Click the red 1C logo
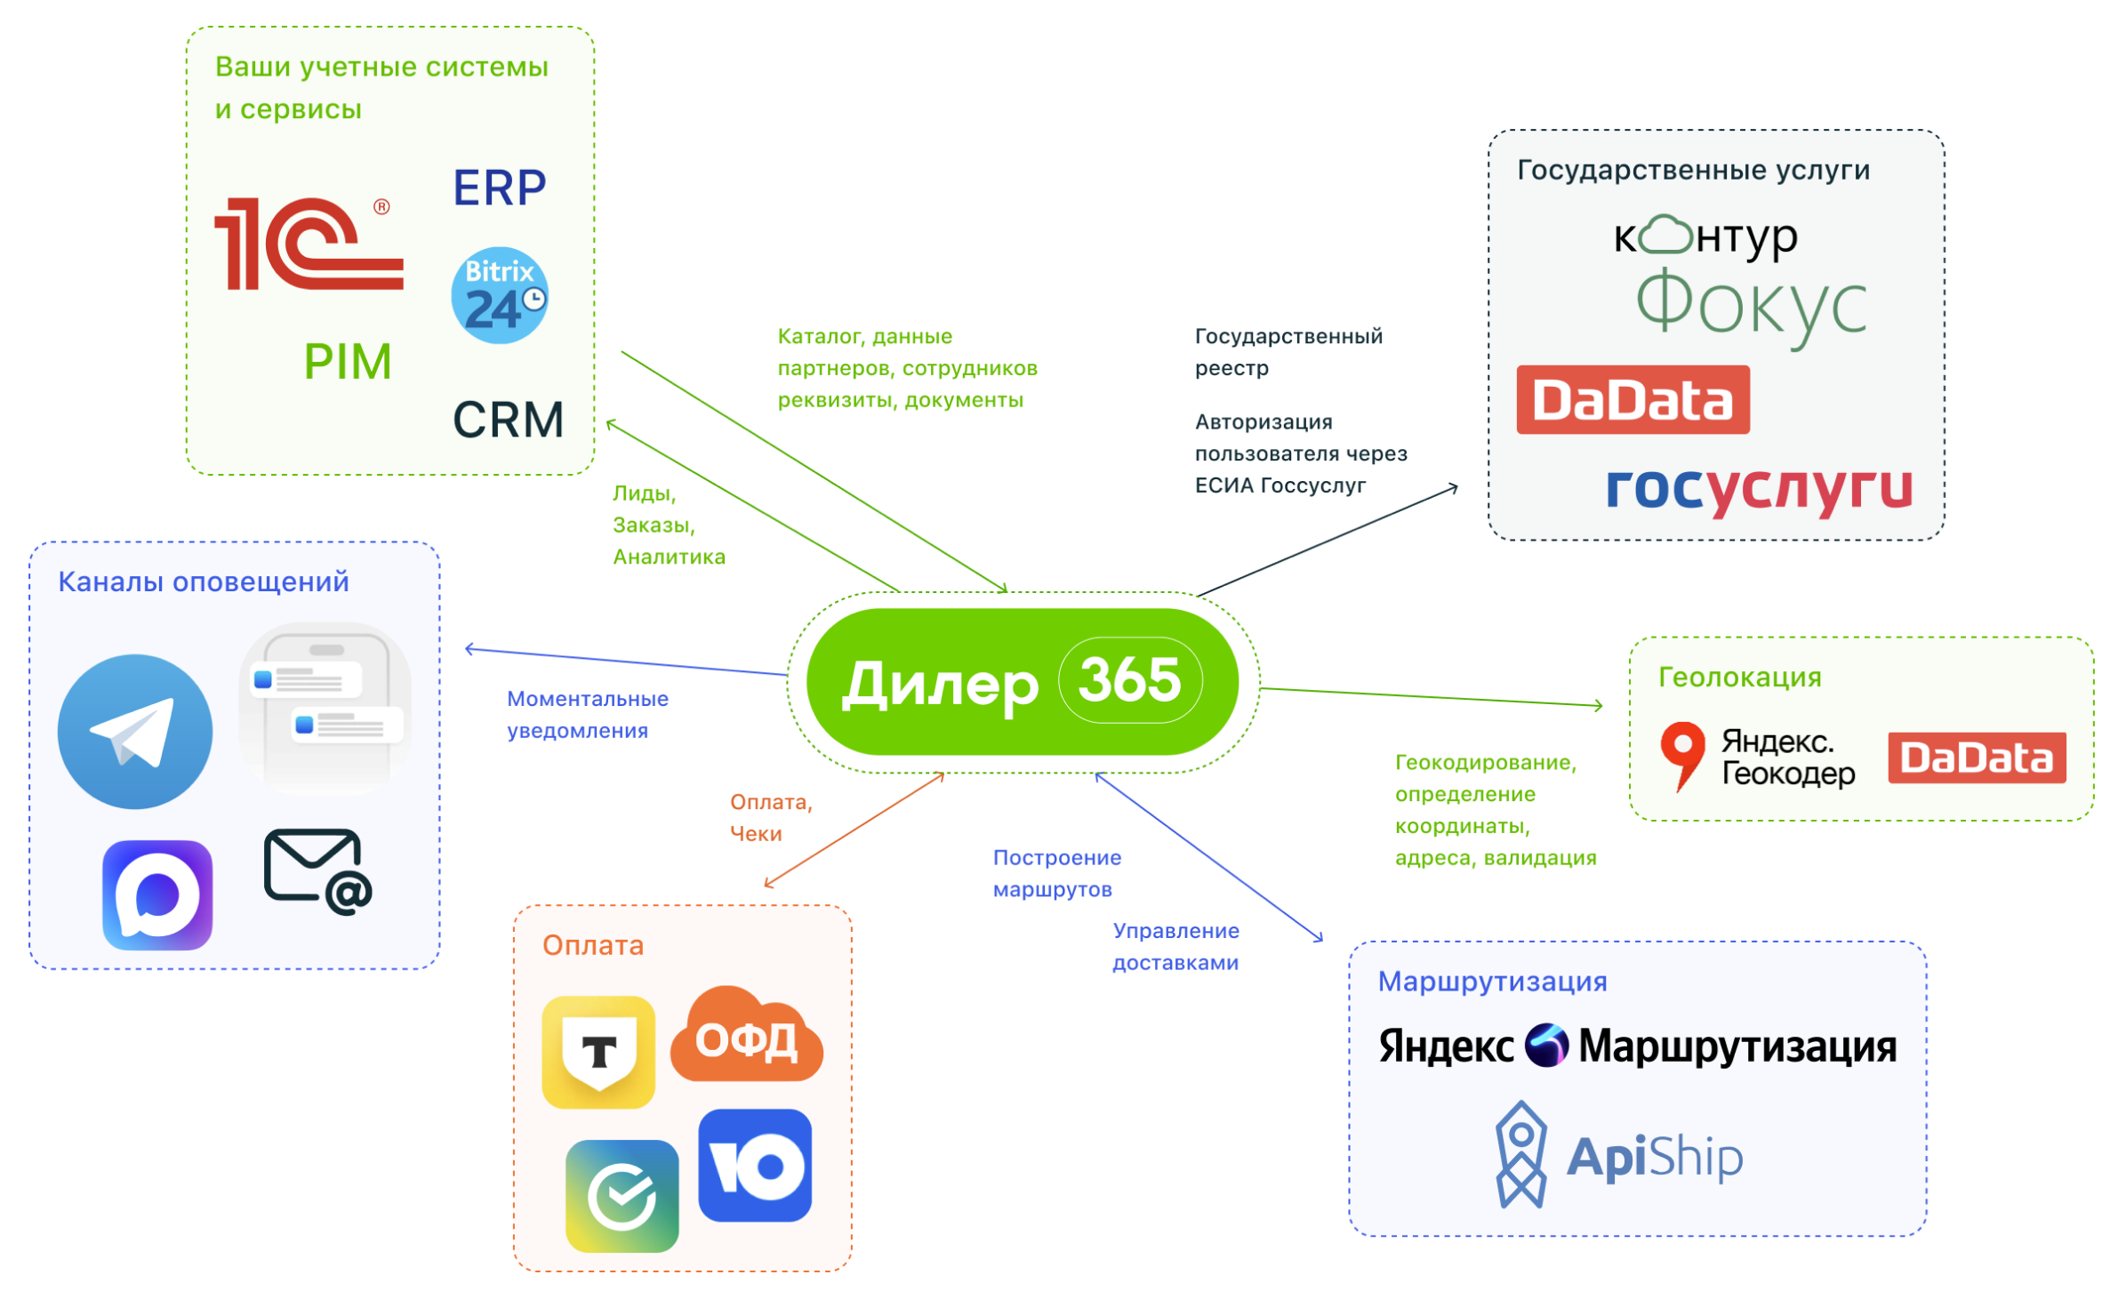click(308, 244)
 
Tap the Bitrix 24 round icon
click(500, 296)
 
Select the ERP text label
click(500, 188)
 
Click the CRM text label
click(508, 420)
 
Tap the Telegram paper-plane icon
click(135, 732)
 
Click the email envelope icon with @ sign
click(317, 871)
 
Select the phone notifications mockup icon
click(325, 709)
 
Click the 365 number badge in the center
click(1130, 680)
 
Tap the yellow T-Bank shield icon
click(598, 1052)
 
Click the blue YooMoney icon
click(755, 1166)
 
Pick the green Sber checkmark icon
click(622, 1196)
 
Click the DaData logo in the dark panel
click(1633, 400)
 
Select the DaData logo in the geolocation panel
click(1976, 758)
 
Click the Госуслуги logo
click(1759, 488)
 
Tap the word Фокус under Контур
click(1751, 307)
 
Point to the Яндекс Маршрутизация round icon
click(1547, 1046)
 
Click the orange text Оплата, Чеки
click(770, 818)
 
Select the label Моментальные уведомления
click(587, 715)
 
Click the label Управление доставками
click(1175, 947)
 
